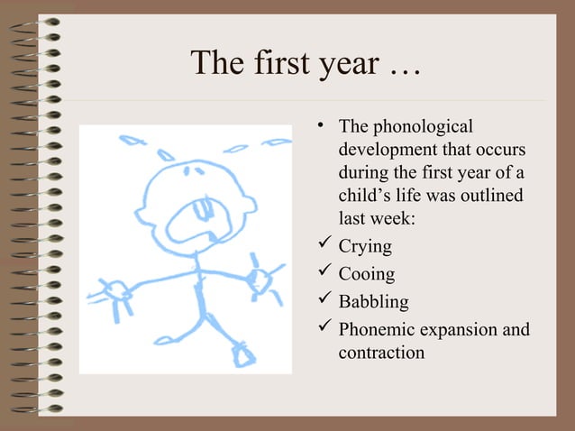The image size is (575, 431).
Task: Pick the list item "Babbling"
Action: pyautogui.click(x=373, y=301)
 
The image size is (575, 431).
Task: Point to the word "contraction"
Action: pyautogui.click(x=381, y=352)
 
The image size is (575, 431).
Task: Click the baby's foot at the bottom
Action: pyautogui.click(x=243, y=353)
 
